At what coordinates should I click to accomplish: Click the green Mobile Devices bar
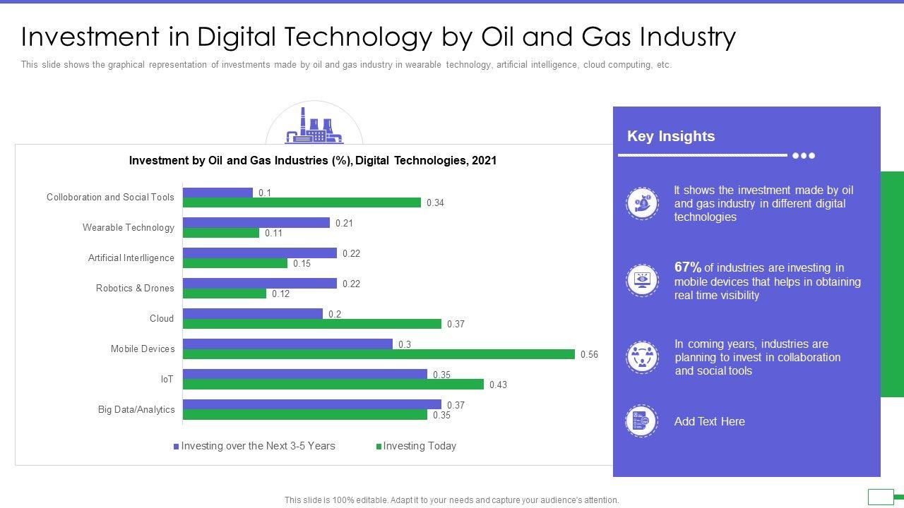(x=379, y=354)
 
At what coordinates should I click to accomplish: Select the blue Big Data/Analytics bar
(x=311, y=404)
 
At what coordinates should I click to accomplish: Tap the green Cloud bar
(x=311, y=324)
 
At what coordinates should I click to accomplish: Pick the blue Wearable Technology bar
(x=256, y=223)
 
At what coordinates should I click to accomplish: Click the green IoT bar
(x=333, y=385)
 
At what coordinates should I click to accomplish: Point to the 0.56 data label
(x=589, y=355)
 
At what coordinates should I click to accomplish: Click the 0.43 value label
(x=498, y=385)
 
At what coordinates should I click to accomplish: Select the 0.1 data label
(x=265, y=193)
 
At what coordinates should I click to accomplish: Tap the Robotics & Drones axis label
(x=135, y=289)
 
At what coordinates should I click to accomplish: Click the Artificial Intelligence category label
(x=131, y=258)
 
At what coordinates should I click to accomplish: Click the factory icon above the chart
(x=314, y=126)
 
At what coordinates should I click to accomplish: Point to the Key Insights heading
(x=671, y=136)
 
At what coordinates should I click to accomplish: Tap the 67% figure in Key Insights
(x=688, y=267)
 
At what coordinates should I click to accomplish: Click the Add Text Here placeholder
(x=709, y=422)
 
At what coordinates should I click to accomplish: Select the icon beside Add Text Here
(x=641, y=421)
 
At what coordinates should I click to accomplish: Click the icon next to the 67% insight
(x=642, y=280)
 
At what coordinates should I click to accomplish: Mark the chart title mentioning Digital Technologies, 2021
(x=312, y=161)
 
